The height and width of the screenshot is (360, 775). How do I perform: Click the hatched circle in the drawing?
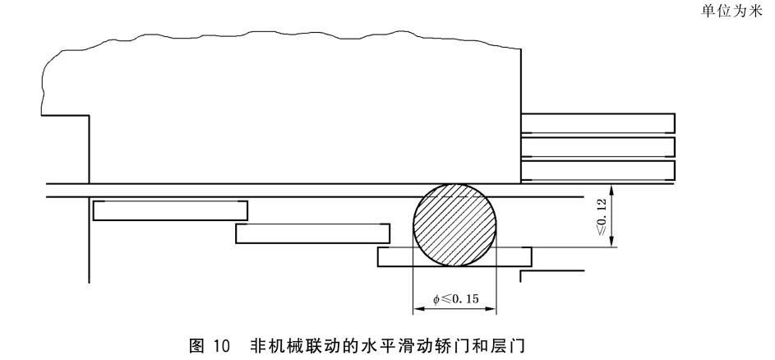[454, 224]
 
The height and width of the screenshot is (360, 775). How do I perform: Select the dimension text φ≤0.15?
[454, 298]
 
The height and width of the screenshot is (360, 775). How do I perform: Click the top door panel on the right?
[597, 122]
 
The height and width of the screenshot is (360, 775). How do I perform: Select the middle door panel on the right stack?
[597, 147]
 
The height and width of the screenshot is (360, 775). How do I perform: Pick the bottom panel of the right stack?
[597, 170]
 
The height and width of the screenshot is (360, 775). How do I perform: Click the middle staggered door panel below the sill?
[311, 233]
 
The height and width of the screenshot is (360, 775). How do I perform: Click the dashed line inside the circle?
[454, 197]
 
